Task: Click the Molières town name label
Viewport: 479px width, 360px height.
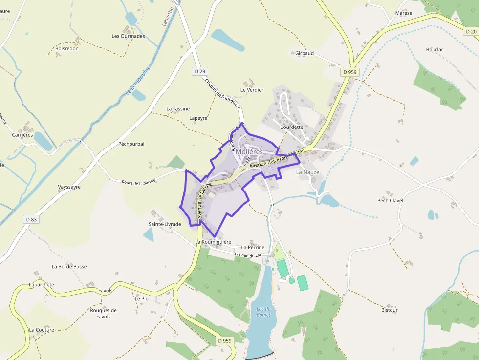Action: click(x=249, y=152)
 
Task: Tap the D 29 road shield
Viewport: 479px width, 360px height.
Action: click(x=199, y=72)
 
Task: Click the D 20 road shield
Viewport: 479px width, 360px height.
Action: click(x=471, y=31)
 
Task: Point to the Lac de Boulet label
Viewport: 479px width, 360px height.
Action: click(x=263, y=312)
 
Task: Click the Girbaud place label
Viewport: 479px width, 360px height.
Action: click(x=305, y=53)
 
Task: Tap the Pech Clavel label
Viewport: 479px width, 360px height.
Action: click(x=390, y=201)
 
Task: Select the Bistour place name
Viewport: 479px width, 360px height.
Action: click(x=390, y=310)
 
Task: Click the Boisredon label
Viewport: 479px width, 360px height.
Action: click(x=67, y=49)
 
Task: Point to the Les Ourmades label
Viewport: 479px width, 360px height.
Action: click(x=128, y=36)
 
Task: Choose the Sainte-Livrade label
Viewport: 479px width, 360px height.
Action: click(x=165, y=224)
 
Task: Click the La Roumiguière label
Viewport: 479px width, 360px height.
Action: click(x=213, y=242)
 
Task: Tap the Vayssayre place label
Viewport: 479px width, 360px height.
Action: click(x=69, y=187)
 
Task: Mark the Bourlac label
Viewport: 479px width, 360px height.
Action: click(x=435, y=50)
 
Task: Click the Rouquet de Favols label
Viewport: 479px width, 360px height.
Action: click(x=103, y=313)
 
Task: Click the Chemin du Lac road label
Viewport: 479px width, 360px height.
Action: click(x=248, y=255)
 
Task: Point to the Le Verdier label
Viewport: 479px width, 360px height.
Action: click(x=252, y=90)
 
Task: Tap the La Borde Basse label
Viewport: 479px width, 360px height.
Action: click(x=69, y=267)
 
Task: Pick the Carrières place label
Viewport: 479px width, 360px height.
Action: click(x=22, y=135)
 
